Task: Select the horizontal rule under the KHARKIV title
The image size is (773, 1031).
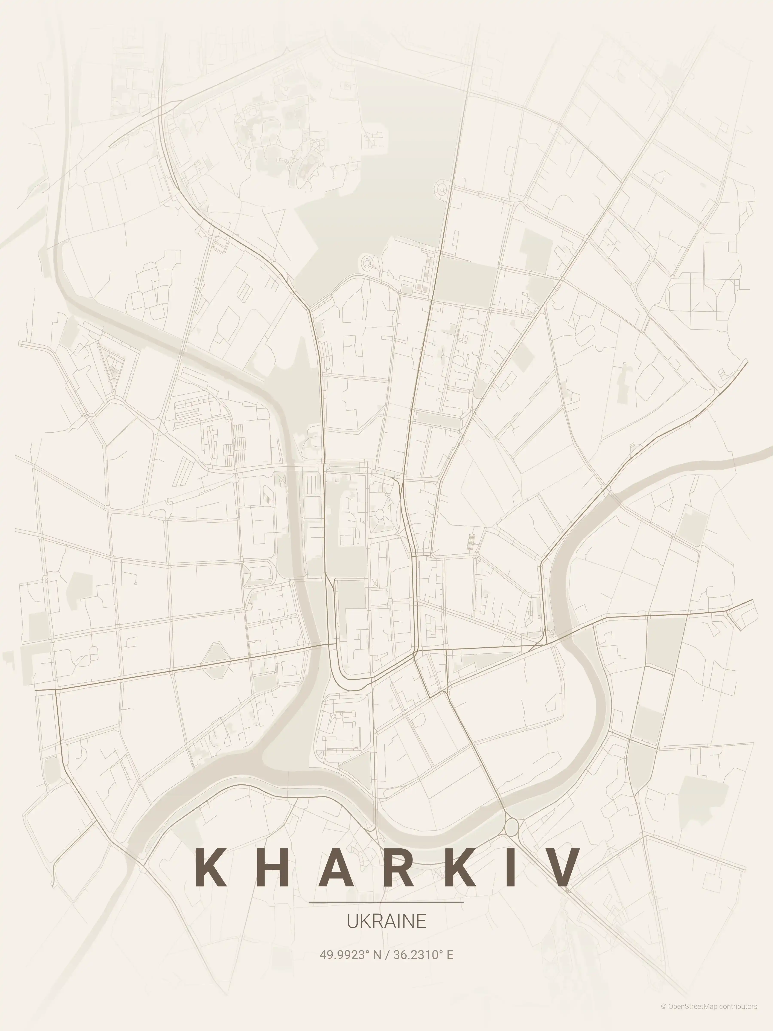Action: (386, 902)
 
